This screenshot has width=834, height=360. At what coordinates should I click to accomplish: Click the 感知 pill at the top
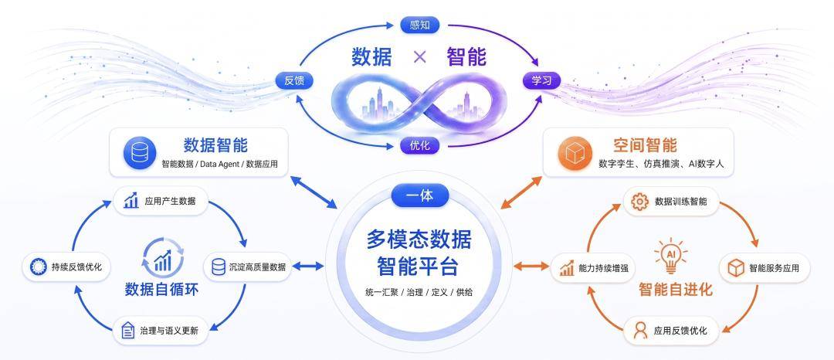[419, 25]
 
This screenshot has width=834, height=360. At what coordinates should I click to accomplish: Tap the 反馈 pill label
[294, 81]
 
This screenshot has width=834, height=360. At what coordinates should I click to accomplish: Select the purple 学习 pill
[542, 81]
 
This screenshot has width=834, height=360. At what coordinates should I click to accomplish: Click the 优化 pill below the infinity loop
[419, 145]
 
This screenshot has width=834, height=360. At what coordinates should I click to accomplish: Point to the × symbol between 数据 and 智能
[419, 57]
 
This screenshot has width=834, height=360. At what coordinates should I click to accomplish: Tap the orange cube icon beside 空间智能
[575, 153]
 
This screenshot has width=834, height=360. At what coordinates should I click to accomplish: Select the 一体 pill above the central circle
[419, 195]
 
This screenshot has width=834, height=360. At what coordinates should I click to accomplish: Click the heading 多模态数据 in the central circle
[419, 240]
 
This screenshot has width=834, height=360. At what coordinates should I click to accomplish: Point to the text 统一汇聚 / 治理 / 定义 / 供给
[419, 293]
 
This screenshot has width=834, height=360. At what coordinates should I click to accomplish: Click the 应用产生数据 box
[160, 201]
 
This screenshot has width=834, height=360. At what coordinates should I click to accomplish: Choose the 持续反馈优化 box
[66, 267]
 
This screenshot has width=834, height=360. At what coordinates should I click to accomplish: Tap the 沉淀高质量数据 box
[248, 267]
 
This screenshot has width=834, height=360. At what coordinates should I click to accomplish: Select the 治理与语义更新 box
[160, 331]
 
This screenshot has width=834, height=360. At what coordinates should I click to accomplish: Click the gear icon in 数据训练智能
[639, 202]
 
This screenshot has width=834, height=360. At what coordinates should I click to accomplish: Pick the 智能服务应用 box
[764, 268]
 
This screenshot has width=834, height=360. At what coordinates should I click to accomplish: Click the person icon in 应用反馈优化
[640, 331]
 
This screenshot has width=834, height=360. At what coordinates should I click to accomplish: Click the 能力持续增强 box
[594, 268]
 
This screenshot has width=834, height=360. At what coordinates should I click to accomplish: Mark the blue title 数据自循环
[161, 290]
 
